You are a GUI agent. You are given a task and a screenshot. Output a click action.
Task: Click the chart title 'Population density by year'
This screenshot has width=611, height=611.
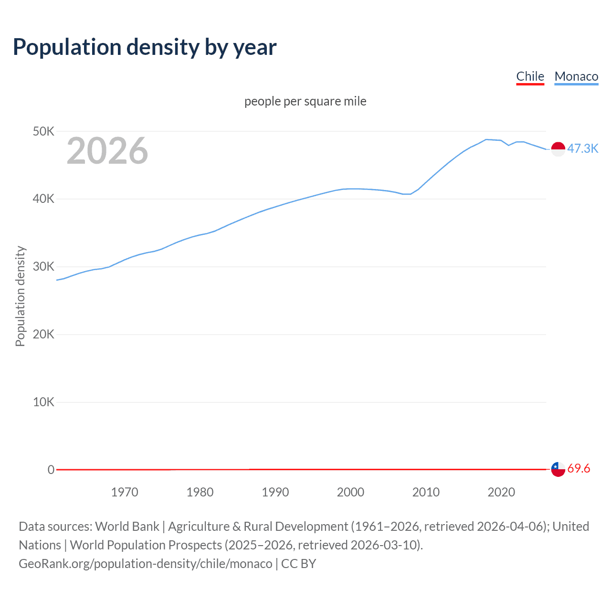[145, 47]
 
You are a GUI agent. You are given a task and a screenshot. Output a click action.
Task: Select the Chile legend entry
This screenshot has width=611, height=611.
[530, 76]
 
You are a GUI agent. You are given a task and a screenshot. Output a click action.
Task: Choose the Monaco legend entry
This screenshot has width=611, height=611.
[576, 76]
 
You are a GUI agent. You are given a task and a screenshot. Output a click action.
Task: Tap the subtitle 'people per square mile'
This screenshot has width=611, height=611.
[305, 101]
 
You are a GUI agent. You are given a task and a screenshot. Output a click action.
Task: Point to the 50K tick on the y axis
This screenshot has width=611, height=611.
[43, 131]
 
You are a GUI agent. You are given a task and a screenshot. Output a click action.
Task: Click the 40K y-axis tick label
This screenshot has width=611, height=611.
[43, 199]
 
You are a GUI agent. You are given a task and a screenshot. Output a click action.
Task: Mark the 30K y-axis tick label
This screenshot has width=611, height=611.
[43, 267]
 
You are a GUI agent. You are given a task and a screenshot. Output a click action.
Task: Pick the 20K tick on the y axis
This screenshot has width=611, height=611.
[43, 334]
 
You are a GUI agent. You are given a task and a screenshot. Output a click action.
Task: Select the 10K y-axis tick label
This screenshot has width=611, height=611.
[43, 402]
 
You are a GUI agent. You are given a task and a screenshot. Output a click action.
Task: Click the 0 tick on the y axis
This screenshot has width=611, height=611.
[51, 470]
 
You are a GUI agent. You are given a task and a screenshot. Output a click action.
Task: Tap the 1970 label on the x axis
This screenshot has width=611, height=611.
[125, 492]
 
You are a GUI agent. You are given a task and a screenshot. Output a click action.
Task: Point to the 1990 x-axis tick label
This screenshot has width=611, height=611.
[275, 492]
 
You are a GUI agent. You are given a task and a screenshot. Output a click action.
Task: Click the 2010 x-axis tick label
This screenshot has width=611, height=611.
[426, 492]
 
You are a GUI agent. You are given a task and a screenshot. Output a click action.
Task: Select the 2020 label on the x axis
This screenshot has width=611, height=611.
[501, 492]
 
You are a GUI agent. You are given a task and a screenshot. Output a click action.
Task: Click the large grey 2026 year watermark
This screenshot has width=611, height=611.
[107, 151]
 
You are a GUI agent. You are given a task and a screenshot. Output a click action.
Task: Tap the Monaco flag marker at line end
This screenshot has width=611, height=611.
[558, 149]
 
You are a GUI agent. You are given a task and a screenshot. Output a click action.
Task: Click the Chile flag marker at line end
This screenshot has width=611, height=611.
[558, 469]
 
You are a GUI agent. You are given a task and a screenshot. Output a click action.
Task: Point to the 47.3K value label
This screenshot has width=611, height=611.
[582, 148]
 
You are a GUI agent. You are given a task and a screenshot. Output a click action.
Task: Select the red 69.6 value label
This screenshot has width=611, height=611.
[579, 468]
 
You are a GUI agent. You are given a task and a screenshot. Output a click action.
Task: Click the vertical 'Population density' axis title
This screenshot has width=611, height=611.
[20, 296]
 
